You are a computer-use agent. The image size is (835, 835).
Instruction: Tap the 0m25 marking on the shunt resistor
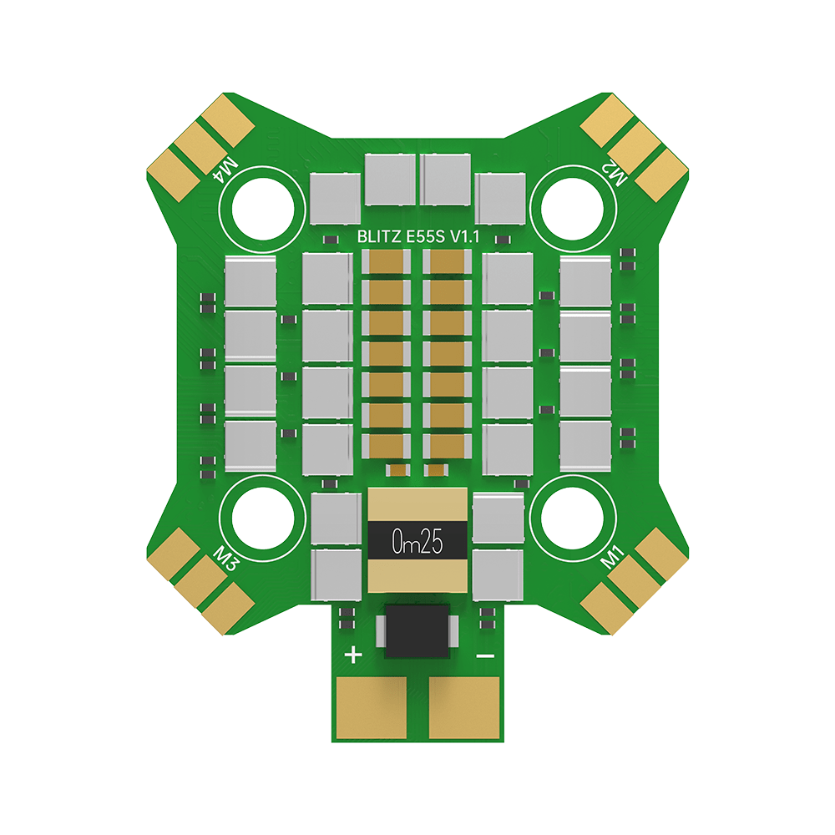(x=417, y=544)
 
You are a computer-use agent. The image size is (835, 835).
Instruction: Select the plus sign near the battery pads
(x=353, y=655)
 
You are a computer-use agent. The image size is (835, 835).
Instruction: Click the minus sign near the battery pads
(x=484, y=656)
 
